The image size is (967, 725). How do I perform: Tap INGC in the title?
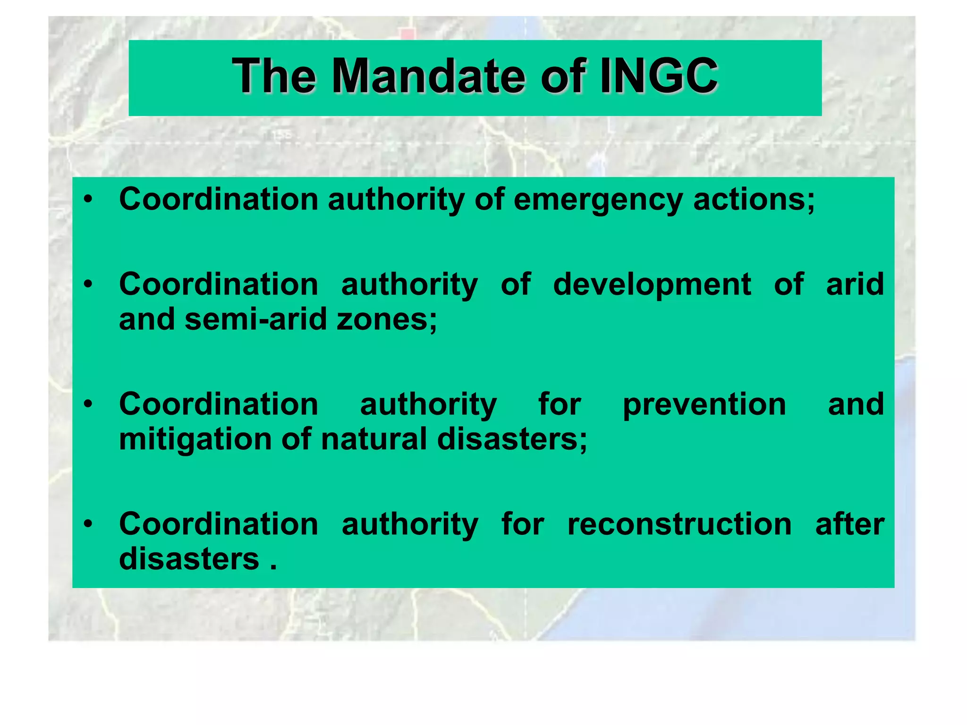coord(659,76)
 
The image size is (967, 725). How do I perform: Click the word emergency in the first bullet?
coord(598,200)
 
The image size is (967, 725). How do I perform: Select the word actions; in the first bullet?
coord(754,199)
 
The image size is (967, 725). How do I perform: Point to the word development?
coord(652,285)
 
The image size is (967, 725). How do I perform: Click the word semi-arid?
coord(256,320)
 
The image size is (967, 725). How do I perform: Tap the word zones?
coord(387,320)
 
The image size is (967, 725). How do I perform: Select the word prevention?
coord(704,405)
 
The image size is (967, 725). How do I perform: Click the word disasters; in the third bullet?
coord(512,439)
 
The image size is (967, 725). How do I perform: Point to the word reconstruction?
coord(679,524)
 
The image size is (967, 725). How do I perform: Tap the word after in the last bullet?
coord(849,524)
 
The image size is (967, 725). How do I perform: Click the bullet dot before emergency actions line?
coord(88,200)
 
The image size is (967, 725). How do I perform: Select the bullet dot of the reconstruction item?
coord(88,524)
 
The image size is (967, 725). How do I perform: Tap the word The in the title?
coord(274,76)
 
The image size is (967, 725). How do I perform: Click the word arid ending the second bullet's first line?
coord(855,285)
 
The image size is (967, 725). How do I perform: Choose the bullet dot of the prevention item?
coord(88,405)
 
